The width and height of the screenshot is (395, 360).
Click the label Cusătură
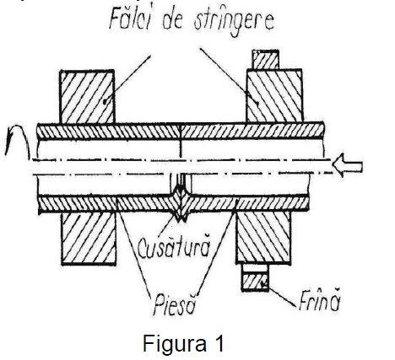tap(174, 247)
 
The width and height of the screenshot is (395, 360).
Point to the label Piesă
tap(175, 304)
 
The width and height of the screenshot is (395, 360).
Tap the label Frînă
tap(320, 300)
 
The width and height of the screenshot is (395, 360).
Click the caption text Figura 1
tap(183, 343)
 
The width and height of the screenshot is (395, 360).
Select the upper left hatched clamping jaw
tap(87, 97)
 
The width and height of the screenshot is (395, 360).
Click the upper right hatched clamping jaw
tap(274, 95)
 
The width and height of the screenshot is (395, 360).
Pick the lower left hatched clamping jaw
tap(89, 239)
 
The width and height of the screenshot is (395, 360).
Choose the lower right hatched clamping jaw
tap(263, 238)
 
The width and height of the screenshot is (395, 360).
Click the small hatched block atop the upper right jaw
tap(266, 60)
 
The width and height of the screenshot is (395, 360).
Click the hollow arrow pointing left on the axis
tap(348, 166)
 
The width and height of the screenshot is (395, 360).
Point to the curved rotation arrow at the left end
tap(18, 141)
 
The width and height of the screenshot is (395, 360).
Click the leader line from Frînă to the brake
tap(282, 296)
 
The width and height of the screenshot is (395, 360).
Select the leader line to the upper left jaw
tap(128, 79)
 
